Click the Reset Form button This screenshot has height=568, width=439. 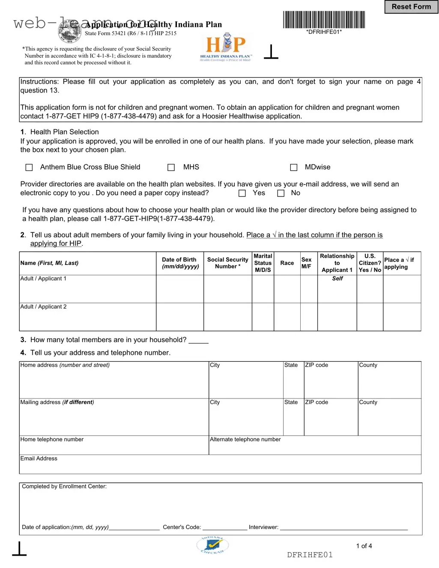(x=411, y=7)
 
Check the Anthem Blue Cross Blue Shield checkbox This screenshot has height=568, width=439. (x=29, y=167)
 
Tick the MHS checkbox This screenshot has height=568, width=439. (x=171, y=167)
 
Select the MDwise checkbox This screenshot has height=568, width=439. (x=294, y=167)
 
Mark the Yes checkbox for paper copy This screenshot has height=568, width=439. (x=242, y=193)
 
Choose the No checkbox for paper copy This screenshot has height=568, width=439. (x=281, y=193)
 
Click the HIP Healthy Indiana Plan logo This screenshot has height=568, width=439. (x=226, y=48)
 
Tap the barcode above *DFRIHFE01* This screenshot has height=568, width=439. (x=324, y=20)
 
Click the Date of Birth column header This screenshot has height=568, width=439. (x=180, y=263)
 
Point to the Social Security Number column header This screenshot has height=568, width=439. (x=227, y=263)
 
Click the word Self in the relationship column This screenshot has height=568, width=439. (x=337, y=279)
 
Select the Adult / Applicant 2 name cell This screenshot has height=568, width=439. (x=87, y=317)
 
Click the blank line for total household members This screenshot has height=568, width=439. (x=198, y=341)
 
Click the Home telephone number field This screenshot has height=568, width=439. (x=114, y=446)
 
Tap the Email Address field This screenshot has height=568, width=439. (x=220, y=465)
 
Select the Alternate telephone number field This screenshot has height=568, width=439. (x=315, y=446)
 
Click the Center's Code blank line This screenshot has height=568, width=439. (x=224, y=528)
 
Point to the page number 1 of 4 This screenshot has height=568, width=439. (x=364, y=546)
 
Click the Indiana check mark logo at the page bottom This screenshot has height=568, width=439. (x=213, y=545)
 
